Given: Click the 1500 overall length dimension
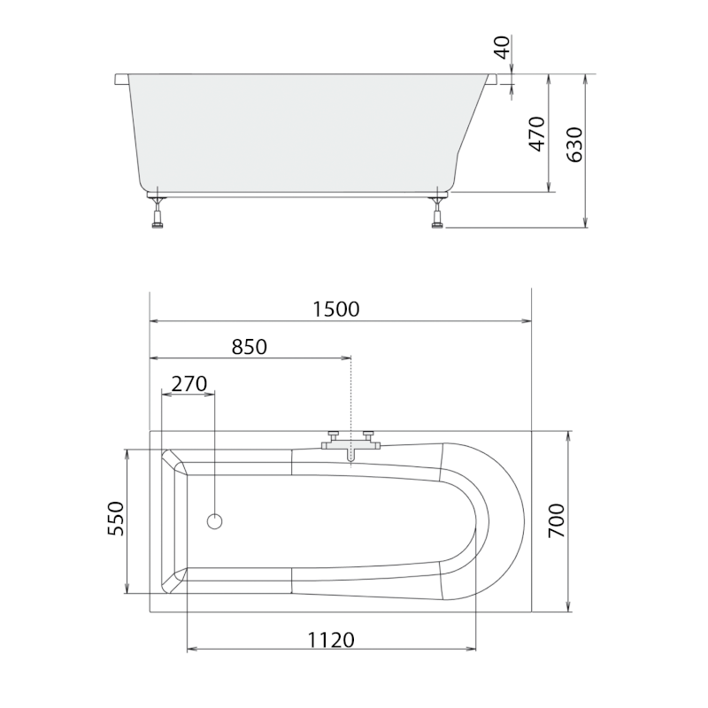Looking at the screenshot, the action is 336,309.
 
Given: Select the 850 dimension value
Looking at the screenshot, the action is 250,347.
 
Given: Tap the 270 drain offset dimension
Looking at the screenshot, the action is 189,384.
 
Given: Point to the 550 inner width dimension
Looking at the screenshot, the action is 116,519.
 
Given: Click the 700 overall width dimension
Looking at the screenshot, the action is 557,520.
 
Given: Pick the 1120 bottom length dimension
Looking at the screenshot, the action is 331,640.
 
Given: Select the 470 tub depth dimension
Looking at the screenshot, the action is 537,135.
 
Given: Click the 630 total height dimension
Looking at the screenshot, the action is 574,145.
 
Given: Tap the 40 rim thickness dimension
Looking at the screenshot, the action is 503,48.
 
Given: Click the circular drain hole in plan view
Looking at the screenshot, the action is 214,521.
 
